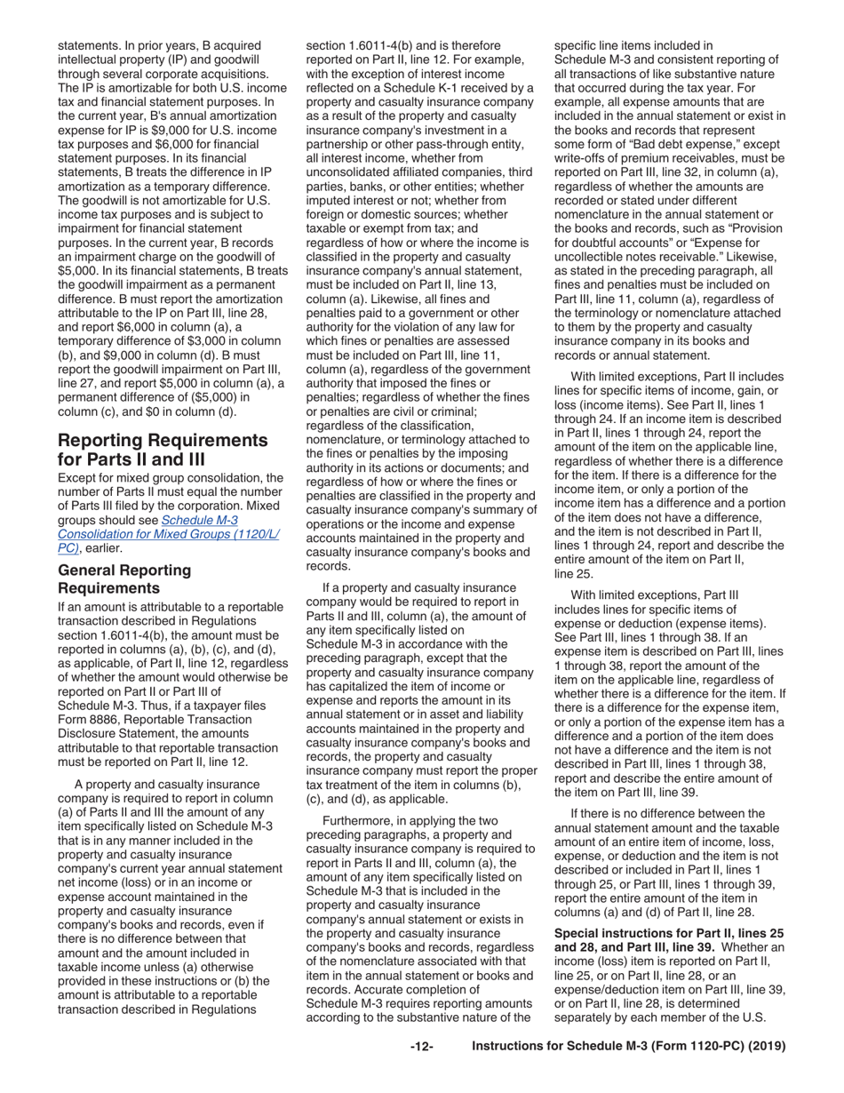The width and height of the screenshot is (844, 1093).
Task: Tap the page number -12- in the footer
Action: click(x=421, y=1072)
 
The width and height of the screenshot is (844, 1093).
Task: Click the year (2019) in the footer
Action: click(x=765, y=1072)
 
